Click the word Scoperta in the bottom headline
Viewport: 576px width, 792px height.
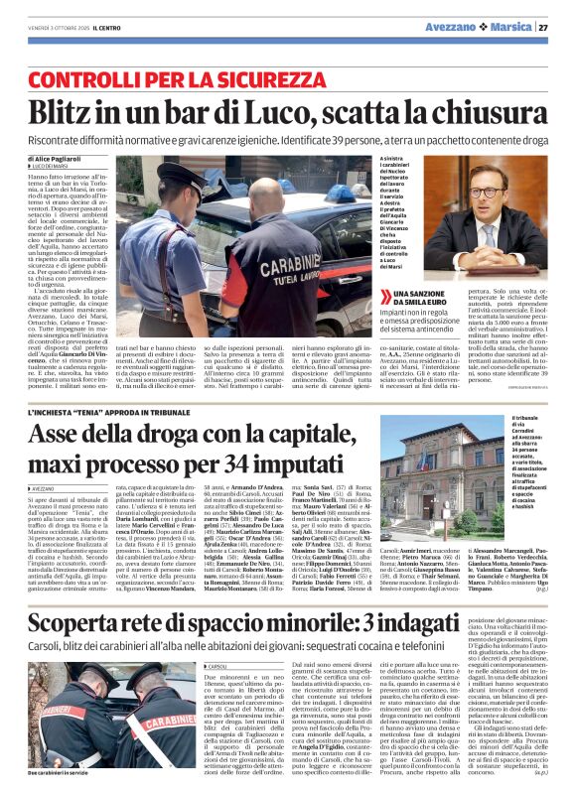pos(79,594)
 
